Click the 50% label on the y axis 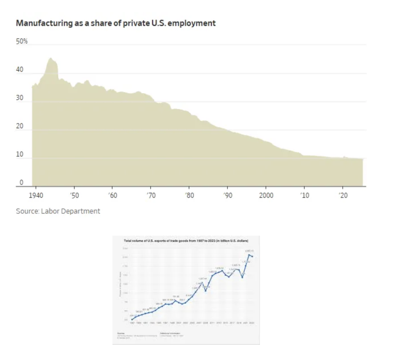point(22,42)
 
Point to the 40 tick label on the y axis point(19,70)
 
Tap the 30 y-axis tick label point(19,98)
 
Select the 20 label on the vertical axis point(19,126)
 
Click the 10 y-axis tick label point(19,154)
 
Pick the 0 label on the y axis point(21,183)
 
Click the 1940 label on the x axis point(36,195)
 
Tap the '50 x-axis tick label point(74,195)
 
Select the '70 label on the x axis point(151,195)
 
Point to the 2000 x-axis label point(266,195)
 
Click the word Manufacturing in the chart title point(44,23)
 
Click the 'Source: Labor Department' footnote point(58,211)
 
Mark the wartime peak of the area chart point(51,58)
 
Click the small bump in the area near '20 point(344,157)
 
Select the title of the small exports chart point(186,241)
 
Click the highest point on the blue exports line point(249,255)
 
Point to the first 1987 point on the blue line point(132,319)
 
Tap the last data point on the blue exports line point(252,257)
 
